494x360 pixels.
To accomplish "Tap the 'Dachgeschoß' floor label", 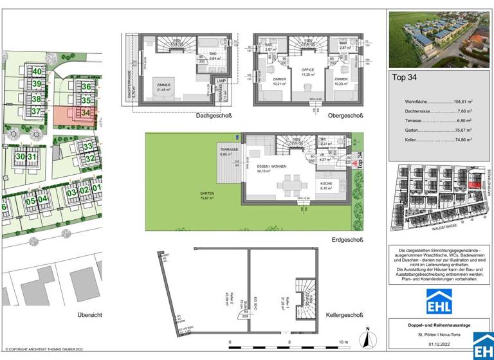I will click(214, 116).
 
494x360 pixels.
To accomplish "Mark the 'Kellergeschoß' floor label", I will click(343, 315).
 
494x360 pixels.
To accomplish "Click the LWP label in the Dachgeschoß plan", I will click(223, 80).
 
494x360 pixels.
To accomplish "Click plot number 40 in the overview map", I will click(37, 71).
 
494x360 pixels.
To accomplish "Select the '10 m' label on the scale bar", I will click(343, 342).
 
